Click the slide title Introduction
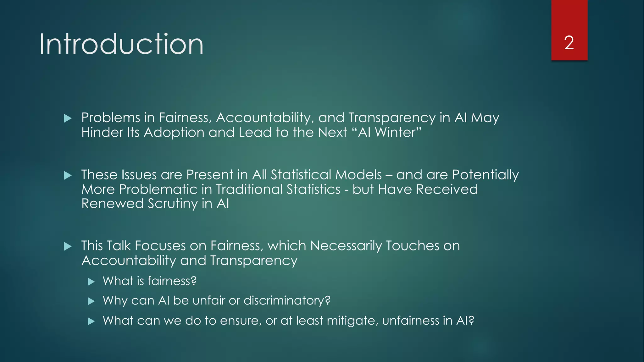coord(121,44)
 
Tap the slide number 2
coord(569,43)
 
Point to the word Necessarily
coord(346,246)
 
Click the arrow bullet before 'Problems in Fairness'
coord(68,118)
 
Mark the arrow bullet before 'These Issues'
coord(68,175)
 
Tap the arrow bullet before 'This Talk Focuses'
coord(68,246)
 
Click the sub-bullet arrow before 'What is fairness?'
coord(91,282)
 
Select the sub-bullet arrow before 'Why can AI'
coord(91,301)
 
